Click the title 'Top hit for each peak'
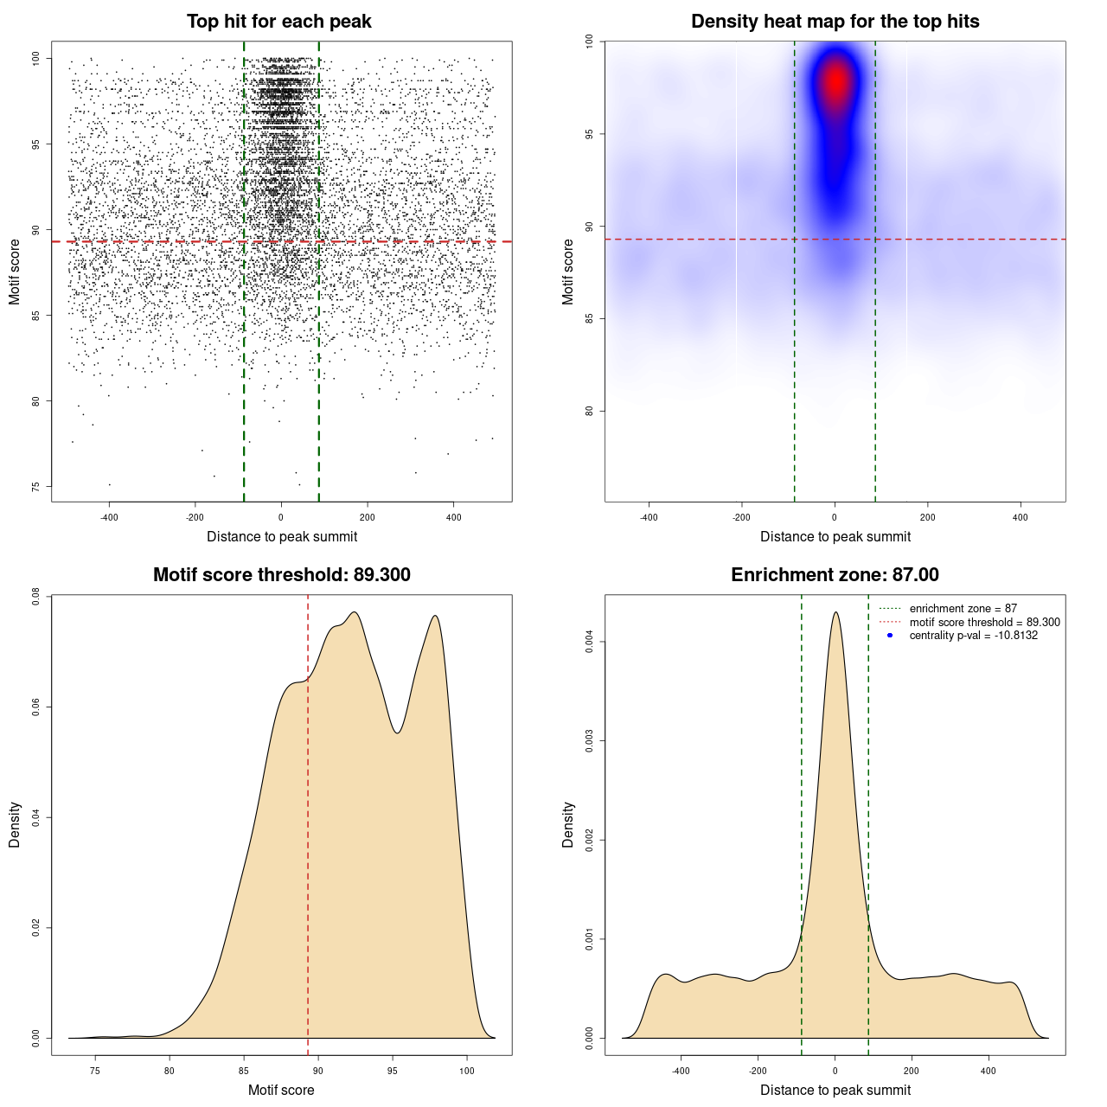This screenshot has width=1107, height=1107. click(278, 22)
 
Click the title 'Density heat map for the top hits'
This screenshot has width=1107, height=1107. click(835, 22)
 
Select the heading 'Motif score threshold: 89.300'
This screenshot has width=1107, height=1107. click(281, 575)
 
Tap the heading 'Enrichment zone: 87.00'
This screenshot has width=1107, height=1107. click(835, 575)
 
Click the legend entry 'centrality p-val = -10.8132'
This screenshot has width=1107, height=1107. click(973, 636)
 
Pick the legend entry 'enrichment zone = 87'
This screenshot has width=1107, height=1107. click(963, 609)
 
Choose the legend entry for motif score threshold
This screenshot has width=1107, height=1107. click(984, 622)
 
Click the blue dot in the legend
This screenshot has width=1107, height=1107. click(890, 636)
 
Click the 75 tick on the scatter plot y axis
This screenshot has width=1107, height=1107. click(35, 486)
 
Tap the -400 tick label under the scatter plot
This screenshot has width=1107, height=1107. click(109, 518)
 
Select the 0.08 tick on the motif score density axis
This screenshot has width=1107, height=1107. click(35, 596)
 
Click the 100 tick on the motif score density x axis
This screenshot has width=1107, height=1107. click(467, 1071)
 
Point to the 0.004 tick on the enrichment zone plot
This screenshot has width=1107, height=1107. click(589, 642)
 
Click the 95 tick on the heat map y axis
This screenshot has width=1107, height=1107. click(589, 134)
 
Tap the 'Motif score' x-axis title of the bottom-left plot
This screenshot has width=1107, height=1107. click(281, 1090)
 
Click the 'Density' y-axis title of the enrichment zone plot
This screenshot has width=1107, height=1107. click(568, 824)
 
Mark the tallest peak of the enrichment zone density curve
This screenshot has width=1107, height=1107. click(835, 613)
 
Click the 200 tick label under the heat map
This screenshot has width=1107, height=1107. click(928, 518)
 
